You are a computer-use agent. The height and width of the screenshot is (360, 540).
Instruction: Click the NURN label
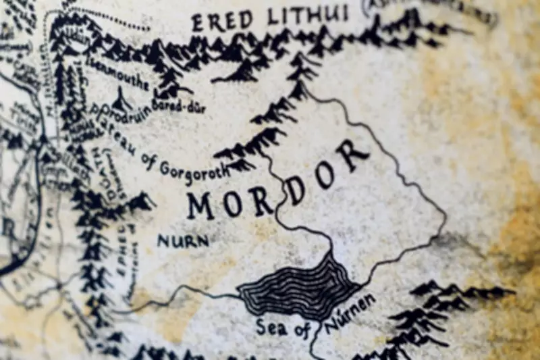tap(183, 240)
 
